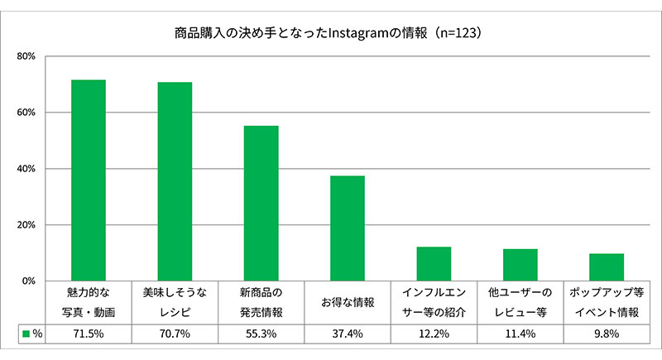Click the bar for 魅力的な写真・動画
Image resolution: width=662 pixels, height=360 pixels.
89,180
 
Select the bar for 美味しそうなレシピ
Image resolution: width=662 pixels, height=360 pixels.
175,181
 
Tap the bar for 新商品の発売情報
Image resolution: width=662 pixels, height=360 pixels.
261,204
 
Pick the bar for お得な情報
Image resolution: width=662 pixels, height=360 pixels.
348,228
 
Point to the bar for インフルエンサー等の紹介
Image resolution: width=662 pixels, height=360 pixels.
434,264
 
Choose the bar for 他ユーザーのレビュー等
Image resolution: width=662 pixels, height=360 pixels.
520,265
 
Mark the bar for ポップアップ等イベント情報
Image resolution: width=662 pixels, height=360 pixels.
607,267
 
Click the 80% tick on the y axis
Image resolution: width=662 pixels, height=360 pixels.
26,56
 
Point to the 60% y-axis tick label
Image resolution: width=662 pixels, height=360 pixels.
26,113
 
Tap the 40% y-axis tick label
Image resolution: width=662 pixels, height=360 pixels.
26,169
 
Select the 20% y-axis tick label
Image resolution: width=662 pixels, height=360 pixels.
26,225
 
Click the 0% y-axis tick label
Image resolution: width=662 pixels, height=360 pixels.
29,281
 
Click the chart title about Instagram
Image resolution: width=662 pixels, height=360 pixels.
328,33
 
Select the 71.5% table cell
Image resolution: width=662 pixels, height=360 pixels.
89,334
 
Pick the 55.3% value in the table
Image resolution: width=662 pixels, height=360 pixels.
261,334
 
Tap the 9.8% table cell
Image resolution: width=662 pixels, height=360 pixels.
607,334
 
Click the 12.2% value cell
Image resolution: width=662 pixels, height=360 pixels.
434,334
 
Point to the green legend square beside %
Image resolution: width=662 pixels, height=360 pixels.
26,334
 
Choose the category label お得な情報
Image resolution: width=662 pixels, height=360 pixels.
348,302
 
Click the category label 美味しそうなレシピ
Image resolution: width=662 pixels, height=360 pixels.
175,302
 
